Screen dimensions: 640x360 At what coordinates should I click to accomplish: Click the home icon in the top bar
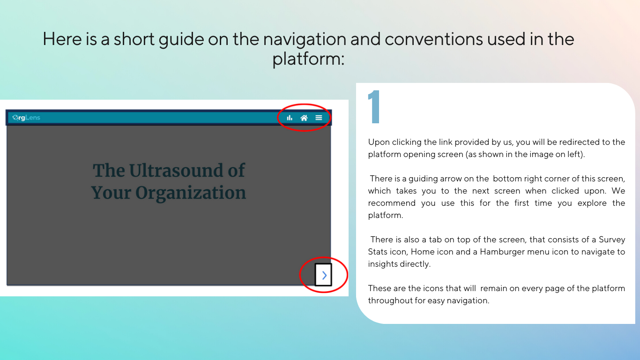(x=304, y=118)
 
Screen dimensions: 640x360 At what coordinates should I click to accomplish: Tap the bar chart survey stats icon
(x=290, y=118)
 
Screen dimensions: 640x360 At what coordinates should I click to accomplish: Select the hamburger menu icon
(x=319, y=118)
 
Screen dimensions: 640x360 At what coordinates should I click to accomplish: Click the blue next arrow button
(x=323, y=275)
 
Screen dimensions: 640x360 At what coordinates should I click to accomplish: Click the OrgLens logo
(x=26, y=118)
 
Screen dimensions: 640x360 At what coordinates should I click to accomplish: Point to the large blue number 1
(x=374, y=107)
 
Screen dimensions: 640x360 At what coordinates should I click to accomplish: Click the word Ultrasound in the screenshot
(x=177, y=171)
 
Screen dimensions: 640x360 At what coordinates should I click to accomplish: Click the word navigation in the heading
(x=305, y=39)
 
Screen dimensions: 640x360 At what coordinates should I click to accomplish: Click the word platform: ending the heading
(x=309, y=59)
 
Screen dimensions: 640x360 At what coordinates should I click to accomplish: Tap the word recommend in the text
(x=391, y=203)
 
